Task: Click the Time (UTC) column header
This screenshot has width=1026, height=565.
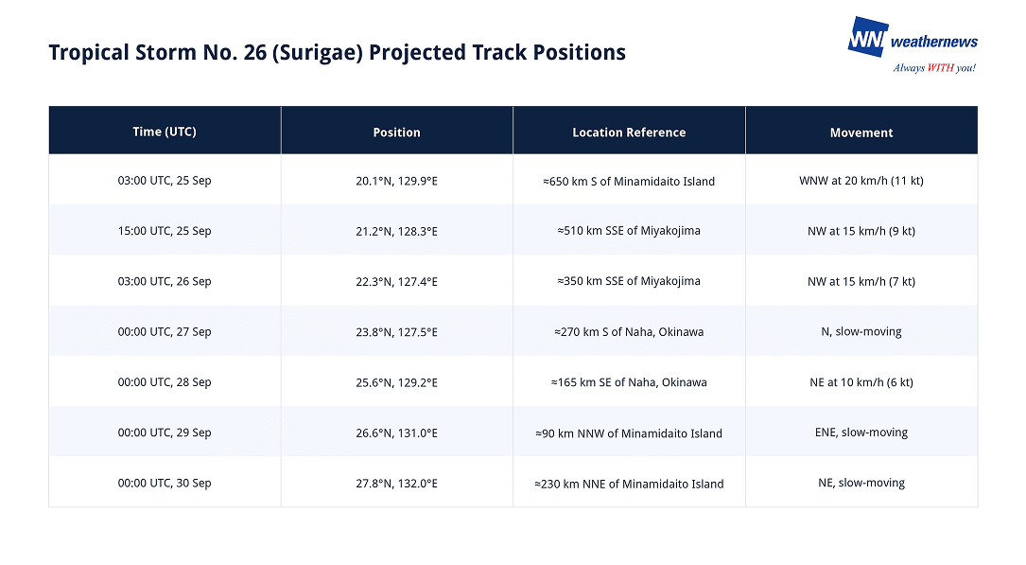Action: pyautogui.click(x=165, y=132)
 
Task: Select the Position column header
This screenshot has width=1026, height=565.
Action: pyautogui.click(x=396, y=132)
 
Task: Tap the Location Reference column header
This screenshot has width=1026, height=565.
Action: pyautogui.click(x=629, y=132)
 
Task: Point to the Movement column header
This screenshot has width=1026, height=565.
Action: pyautogui.click(x=861, y=132)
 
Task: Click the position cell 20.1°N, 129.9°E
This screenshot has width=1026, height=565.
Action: pyautogui.click(x=396, y=182)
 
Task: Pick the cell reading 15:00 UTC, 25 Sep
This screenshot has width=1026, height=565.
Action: pyautogui.click(x=165, y=231)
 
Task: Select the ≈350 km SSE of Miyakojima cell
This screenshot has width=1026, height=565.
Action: pyautogui.click(x=629, y=281)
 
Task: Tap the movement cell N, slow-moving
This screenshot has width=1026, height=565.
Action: pyautogui.click(x=861, y=332)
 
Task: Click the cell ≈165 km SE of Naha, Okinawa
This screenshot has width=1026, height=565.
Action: pyautogui.click(x=629, y=382)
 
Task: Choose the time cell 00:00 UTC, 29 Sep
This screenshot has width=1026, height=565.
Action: pyautogui.click(x=165, y=433)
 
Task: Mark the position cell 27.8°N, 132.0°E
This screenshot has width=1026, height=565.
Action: pyautogui.click(x=396, y=484)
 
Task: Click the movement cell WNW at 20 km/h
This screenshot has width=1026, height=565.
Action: pyautogui.click(x=861, y=181)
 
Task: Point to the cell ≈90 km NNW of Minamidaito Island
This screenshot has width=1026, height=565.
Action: pyautogui.click(x=629, y=433)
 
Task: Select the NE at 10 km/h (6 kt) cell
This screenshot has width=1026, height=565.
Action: pyautogui.click(x=861, y=382)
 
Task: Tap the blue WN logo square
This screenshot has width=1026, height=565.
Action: pyautogui.click(x=868, y=37)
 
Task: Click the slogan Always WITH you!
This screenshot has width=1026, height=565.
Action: pyautogui.click(x=934, y=68)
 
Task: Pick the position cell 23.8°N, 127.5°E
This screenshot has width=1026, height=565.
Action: pyautogui.click(x=396, y=332)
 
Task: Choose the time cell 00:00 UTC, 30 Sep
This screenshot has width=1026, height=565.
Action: pyautogui.click(x=165, y=484)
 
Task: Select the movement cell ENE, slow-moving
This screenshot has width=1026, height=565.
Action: pyautogui.click(x=861, y=433)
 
